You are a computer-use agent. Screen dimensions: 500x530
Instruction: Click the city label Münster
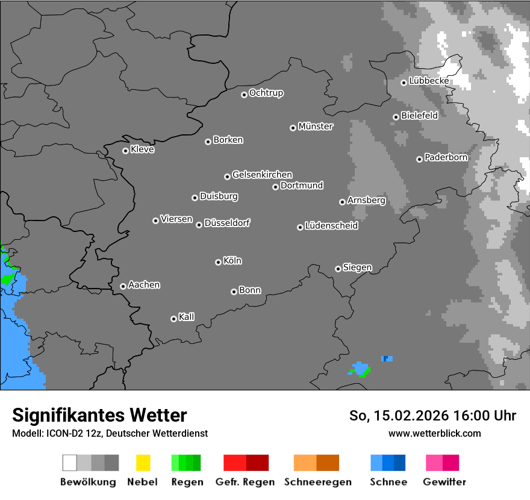pyautogui.click(x=316, y=127)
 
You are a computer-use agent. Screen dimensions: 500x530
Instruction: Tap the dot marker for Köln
pyautogui.click(x=218, y=262)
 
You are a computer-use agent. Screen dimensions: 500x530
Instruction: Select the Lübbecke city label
pyautogui.click(x=429, y=81)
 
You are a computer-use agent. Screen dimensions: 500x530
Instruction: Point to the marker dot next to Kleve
pyautogui.click(x=125, y=151)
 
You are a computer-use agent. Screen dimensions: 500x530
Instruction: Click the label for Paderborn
pyautogui.click(x=446, y=158)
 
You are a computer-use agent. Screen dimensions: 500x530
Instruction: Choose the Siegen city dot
pyautogui.click(x=338, y=269)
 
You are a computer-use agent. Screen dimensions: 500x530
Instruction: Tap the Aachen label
pyautogui.click(x=144, y=285)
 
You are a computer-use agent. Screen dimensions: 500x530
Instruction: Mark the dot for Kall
pyautogui.click(x=173, y=319)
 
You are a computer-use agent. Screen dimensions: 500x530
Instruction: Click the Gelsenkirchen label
pyautogui.click(x=262, y=175)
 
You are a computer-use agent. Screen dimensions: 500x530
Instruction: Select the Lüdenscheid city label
pyautogui.click(x=331, y=226)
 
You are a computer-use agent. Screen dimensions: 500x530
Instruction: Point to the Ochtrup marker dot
pyautogui.click(x=244, y=94)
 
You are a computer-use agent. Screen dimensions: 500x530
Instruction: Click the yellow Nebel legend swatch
pyautogui.click(x=143, y=463)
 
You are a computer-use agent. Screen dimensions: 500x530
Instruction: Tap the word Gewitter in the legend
pyautogui.click(x=444, y=482)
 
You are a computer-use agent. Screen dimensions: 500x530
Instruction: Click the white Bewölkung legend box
pyautogui.click(x=70, y=463)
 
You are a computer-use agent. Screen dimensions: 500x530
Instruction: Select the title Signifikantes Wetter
pyautogui.click(x=99, y=415)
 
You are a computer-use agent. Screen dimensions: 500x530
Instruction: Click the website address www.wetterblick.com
pyautogui.click(x=434, y=433)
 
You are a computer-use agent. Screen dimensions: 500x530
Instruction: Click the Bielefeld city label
pyautogui.click(x=419, y=116)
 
